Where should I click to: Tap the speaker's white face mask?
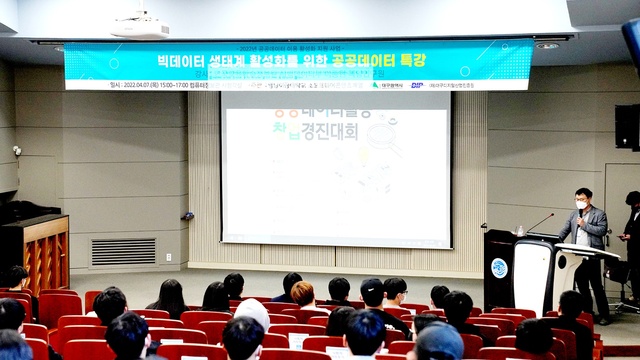[x=581, y=204]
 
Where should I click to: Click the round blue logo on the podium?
[x=498, y=268]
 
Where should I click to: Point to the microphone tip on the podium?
[x=551, y=214]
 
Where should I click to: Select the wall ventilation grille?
[x=123, y=251]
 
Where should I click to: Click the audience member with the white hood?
[x=252, y=311]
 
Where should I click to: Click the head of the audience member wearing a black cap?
[x=372, y=291]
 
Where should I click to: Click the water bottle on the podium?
[x=520, y=230]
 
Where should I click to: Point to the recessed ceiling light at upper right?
[x=546, y=45]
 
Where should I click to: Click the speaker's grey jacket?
[x=590, y=230]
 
